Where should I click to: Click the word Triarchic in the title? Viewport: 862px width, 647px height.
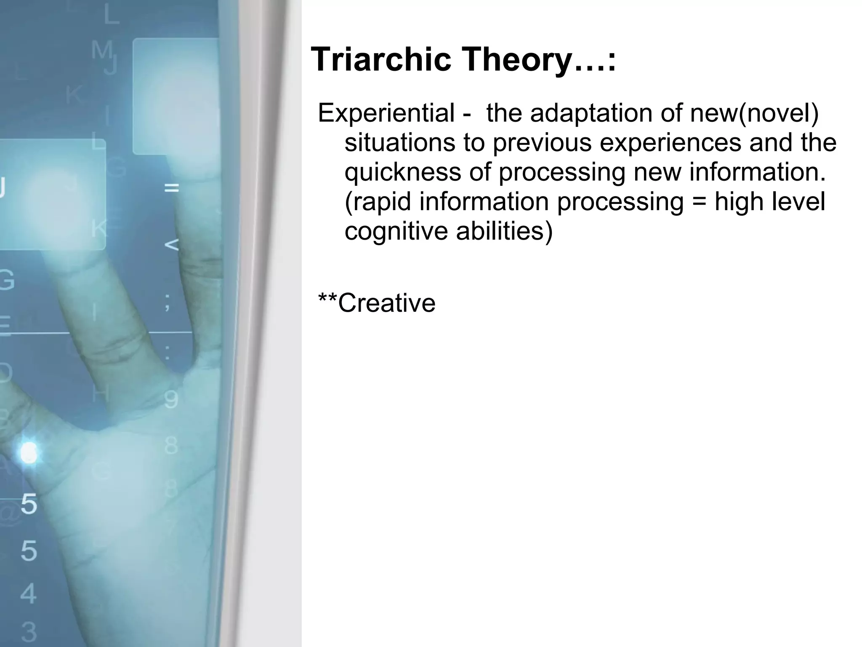coord(380,59)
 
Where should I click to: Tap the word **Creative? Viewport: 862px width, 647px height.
coord(377,303)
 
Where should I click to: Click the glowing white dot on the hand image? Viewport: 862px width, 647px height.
coord(29,453)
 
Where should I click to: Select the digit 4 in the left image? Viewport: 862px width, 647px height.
coord(28,593)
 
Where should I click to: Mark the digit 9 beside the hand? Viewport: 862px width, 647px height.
coord(171,399)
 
